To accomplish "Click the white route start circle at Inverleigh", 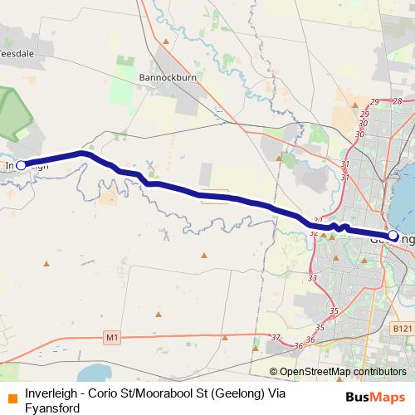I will click(22, 165).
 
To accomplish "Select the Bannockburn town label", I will click(165, 78).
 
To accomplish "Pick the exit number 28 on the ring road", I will click(398, 101).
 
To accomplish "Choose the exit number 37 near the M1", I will click(276, 338).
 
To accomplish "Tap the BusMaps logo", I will click(376, 397).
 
